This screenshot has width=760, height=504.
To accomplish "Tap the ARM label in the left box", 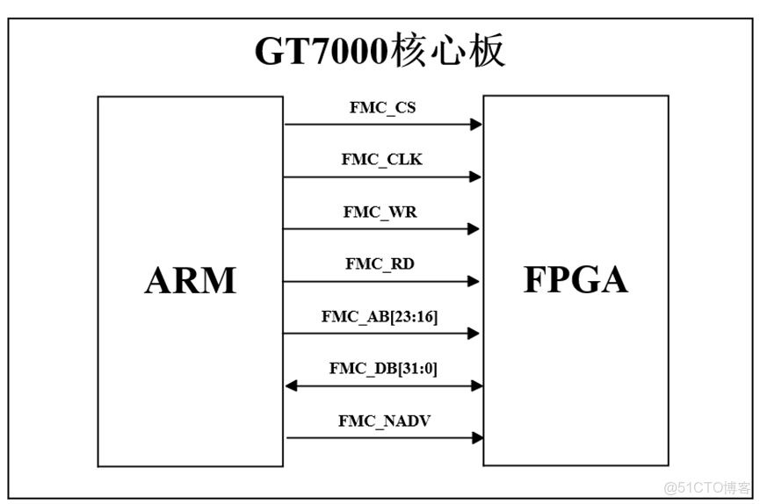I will [191, 280].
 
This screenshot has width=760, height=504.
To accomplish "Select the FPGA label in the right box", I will [575, 279].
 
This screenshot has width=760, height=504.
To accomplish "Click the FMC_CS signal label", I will [382, 108].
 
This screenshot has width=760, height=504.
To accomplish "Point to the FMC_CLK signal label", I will [382, 160].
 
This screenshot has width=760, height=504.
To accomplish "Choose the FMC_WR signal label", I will [382, 212].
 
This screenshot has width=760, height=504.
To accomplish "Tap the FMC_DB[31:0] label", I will [383, 368].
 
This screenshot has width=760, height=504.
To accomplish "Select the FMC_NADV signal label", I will [384, 421].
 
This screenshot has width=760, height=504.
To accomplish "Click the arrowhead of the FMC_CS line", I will [476, 125].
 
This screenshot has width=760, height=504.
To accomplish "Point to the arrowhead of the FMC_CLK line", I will [475, 177].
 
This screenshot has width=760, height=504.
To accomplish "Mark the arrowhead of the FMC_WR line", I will [474, 229].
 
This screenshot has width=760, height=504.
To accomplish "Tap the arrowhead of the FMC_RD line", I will [474, 282].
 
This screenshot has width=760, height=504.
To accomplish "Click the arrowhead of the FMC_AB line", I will [474, 334].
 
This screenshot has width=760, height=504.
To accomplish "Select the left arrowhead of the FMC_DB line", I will [291, 385].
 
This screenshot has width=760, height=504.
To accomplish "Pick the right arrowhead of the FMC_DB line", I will [476, 385].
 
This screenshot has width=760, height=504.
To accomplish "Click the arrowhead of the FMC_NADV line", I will [477, 437].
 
